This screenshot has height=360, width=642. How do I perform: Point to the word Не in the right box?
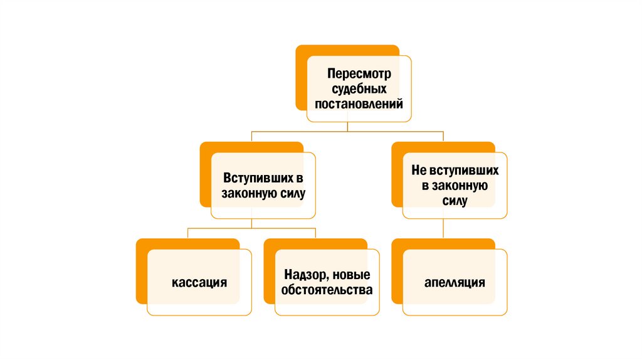tap(418, 171)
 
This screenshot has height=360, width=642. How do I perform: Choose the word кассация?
tap(199, 282)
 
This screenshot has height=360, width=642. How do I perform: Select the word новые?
tap(351, 275)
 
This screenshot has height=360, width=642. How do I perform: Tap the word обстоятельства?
tap(327, 290)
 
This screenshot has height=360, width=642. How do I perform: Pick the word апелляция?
tap(455, 282)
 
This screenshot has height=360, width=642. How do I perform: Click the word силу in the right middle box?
tap(455, 201)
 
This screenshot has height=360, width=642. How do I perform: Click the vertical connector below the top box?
tap(348, 127)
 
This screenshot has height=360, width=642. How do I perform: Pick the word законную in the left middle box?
tap(247, 194)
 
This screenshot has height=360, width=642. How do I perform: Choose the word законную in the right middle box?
tap(460, 186)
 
